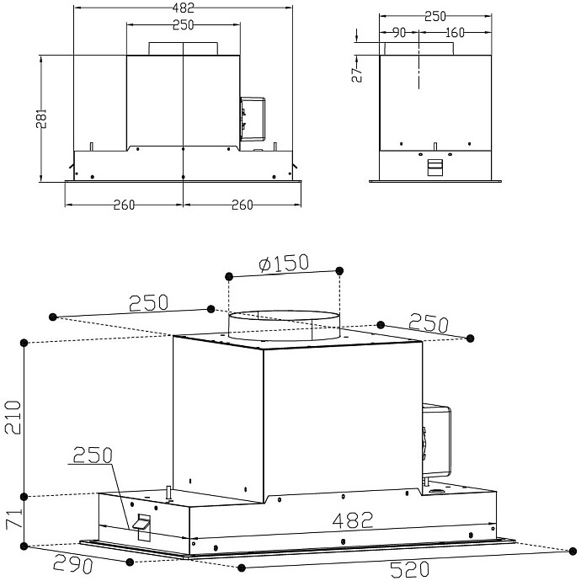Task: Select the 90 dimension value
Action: click(400, 34)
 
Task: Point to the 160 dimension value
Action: click(454, 34)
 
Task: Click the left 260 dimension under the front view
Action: click(124, 206)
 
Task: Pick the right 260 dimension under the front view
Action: click(243, 206)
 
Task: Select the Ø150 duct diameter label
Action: click(284, 262)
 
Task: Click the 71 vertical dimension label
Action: click(11, 518)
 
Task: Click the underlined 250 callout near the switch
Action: click(93, 457)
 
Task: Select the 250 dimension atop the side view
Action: click(435, 16)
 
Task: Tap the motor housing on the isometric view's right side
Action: click(438, 438)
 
